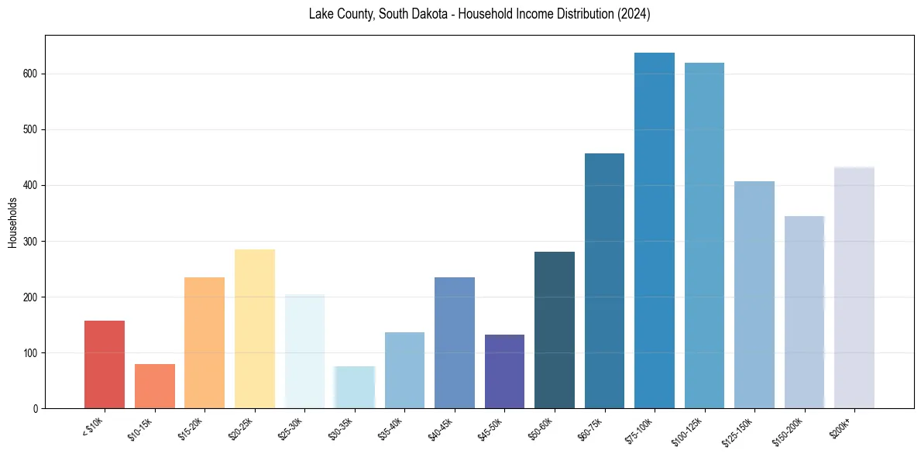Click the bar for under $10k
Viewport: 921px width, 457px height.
coord(105,364)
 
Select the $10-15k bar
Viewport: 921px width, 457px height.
coord(154,386)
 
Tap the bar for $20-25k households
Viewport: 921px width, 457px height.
coord(254,328)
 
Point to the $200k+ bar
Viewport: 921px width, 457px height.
coord(854,287)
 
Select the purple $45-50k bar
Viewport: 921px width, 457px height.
coord(504,371)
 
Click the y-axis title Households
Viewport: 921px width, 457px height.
coord(12,222)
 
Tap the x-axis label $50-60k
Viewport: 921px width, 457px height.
coord(541,427)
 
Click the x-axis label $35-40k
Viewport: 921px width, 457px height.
coord(391,427)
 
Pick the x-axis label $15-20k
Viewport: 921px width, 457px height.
coord(191,427)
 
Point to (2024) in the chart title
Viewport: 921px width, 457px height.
coord(634,14)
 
